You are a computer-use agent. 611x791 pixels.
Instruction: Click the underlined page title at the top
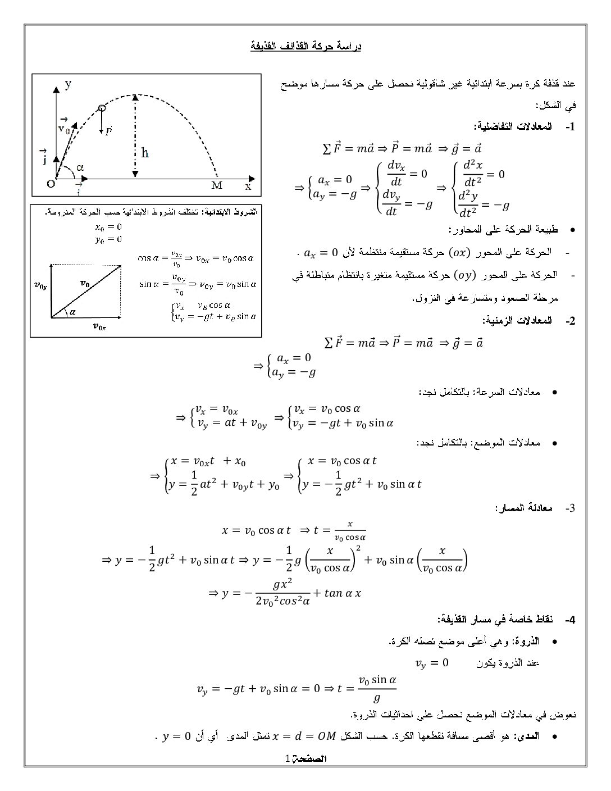[x=305, y=46]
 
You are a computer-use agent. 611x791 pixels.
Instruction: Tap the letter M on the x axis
[x=217, y=185]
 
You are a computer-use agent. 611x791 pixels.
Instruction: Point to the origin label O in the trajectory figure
[x=51, y=185]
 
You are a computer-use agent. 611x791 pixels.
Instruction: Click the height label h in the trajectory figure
[x=145, y=152]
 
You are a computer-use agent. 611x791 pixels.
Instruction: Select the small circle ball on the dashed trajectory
[x=102, y=108]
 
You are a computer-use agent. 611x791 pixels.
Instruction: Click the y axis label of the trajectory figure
[x=68, y=84]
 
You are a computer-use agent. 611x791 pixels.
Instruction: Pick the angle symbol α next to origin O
[x=80, y=167]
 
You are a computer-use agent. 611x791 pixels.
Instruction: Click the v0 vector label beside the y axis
[x=64, y=127]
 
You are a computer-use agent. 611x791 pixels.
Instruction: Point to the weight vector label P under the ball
[x=109, y=130]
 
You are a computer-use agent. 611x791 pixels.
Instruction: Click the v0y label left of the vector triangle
[x=40, y=285]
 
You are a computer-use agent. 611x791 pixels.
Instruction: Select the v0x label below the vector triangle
[x=99, y=326]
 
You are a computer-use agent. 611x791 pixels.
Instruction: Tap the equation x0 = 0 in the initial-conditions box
[x=109, y=227]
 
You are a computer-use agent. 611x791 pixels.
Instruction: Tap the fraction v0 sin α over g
[x=377, y=689]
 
